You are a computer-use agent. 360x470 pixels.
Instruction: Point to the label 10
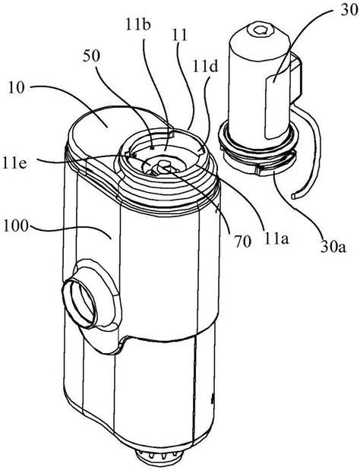point(16,89)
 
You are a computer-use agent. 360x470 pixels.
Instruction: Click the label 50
point(91,55)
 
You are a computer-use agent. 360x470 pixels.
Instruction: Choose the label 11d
point(206,67)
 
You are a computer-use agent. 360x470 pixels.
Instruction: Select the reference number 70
point(243,242)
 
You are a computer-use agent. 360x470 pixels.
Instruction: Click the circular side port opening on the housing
point(80,304)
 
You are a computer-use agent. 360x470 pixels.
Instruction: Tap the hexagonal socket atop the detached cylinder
point(260,30)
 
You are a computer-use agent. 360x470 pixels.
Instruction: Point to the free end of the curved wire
point(293,196)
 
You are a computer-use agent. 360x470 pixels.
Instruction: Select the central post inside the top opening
point(163,167)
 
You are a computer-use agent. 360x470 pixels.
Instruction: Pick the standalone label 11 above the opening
point(179,36)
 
